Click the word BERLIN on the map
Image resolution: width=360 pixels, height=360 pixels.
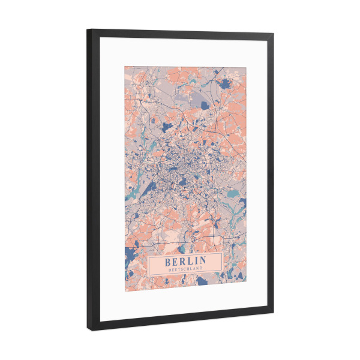coord(185,260)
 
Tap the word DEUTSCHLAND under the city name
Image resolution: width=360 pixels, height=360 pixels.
coord(185,269)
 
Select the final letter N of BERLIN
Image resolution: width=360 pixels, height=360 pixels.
coord(202,261)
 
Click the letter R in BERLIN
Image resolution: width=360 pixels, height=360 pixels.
coord(182,260)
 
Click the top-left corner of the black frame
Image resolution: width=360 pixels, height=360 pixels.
coord(88,29)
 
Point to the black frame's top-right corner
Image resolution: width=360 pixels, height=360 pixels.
coord(274,35)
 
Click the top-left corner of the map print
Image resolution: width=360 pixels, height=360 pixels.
coord(125,65)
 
